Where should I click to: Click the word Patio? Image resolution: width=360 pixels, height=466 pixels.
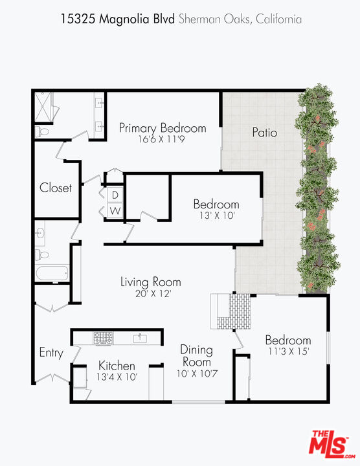point(264,133)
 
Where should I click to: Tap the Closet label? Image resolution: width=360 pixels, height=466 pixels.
point(56,188)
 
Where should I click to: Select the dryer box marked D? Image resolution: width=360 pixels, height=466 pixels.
point(115,195)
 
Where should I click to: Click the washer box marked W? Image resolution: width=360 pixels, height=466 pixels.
point(115,210)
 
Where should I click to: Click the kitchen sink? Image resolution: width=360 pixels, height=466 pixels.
point(139,338)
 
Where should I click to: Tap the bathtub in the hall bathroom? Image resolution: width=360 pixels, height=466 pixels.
point(52,273)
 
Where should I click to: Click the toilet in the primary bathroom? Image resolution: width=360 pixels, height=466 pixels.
point(41,131)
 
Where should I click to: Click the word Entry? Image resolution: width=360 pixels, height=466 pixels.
point(51,353)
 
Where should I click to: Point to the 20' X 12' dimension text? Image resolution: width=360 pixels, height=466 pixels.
point(150,293)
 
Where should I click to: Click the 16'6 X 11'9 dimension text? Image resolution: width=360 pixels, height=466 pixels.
point(162,139)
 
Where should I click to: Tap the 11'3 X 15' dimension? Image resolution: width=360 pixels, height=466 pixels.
point(287,351)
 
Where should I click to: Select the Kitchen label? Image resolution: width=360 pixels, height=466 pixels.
point(117,366)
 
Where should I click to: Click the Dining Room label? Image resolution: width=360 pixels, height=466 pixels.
point(196,356)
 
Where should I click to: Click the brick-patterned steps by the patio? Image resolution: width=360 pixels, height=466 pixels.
point(233,311)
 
